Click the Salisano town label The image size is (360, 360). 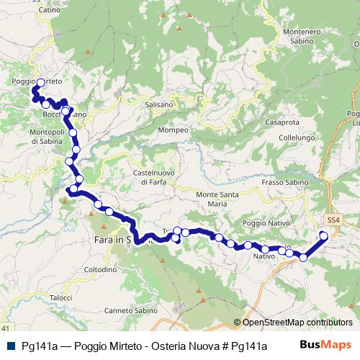[159, 104]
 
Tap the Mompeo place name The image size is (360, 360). [174, 130]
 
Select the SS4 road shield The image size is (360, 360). [332, 219]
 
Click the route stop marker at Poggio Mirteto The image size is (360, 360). [40, 83]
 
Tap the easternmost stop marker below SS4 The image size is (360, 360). [323, 236]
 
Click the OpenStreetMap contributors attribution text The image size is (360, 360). [292, 323]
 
